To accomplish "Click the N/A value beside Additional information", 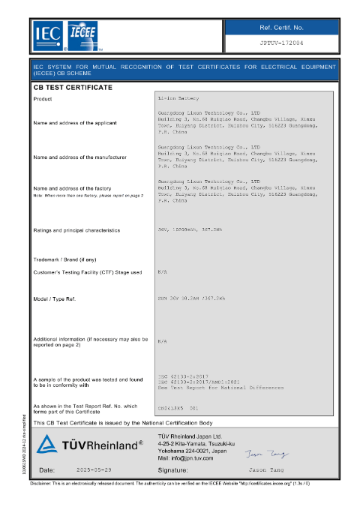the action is click(162, 340).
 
